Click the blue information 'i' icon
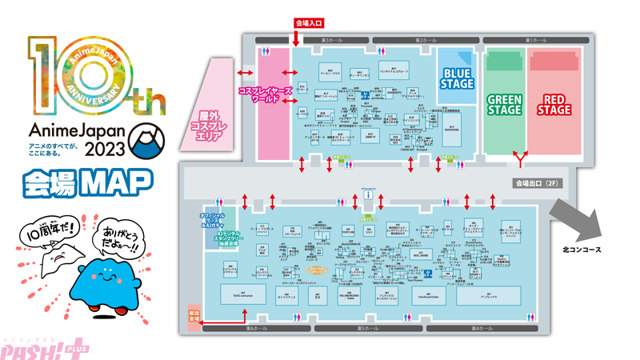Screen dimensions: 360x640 (368, 194)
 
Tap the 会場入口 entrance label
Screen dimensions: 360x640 (310, 25)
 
